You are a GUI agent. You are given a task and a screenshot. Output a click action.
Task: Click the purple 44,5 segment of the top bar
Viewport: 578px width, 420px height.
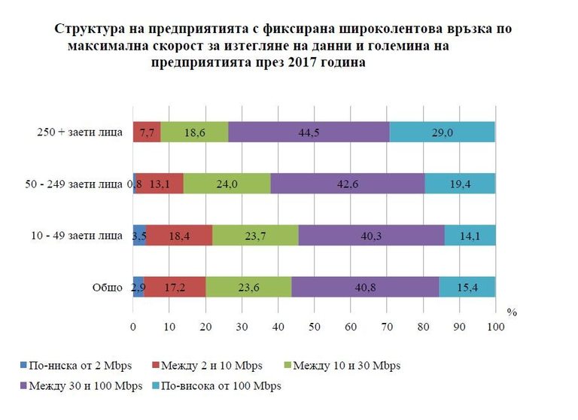coord(309,132)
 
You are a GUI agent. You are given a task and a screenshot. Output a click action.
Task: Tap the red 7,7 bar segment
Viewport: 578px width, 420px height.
coord(147,132)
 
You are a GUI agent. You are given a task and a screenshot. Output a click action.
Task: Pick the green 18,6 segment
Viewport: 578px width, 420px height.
coord(194,132)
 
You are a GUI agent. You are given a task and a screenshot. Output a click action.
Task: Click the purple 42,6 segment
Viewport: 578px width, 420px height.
coord(347,184)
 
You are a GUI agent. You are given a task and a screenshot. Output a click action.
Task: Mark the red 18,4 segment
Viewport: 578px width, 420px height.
coord(179,236)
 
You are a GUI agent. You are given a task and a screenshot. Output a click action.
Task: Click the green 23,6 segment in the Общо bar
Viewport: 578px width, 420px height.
coord(248,288)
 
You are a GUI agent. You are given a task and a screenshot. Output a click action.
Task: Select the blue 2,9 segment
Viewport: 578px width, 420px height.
coord(138,288)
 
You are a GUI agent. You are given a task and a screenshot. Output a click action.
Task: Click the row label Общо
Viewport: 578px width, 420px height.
coord(105,288)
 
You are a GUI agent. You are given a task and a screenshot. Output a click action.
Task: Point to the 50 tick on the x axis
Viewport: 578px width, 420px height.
coord(315,327)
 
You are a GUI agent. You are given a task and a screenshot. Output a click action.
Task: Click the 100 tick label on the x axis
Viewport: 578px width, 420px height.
coord(495,327)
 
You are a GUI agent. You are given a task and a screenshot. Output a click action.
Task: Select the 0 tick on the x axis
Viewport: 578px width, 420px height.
coord(133,327)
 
